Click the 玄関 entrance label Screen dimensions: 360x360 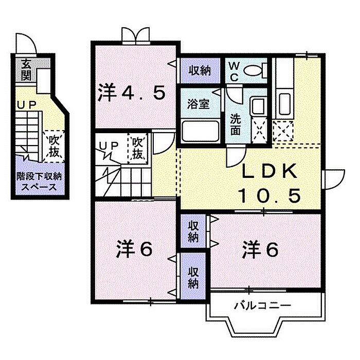pyautogui.click(x=26, y=69)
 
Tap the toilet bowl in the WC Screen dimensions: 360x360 pyautogui.click(x=255, y=70)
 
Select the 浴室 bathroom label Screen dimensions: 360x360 pyautogui.click(x=199, y=104)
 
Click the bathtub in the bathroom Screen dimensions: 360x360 pyautogui.click(x=200, y=131)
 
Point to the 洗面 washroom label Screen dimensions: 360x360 pyautogui.click(x=236, y=124)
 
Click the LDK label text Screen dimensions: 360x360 pyautogui.click(x=269, y=171)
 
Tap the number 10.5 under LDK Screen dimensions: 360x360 pyautogui.click(x=269, y=195)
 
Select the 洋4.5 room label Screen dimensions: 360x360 pyautogui.click(x=132, y=93)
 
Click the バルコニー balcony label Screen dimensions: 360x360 pyautogui.click(x=262, y=305)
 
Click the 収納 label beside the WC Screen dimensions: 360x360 pyautogui.click(x=200, y=71)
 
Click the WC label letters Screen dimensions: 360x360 pyautogui.click(x=234, y=72)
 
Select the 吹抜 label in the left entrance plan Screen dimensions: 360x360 pyautogui.click(x=53, y=146)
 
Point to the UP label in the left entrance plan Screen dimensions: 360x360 pyautogui.click(x=27, y=105)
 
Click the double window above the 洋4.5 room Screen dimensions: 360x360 pyautogui.click(x=136, y=36)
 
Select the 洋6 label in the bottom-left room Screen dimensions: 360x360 pyautogui.click(x=134, y=249)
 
